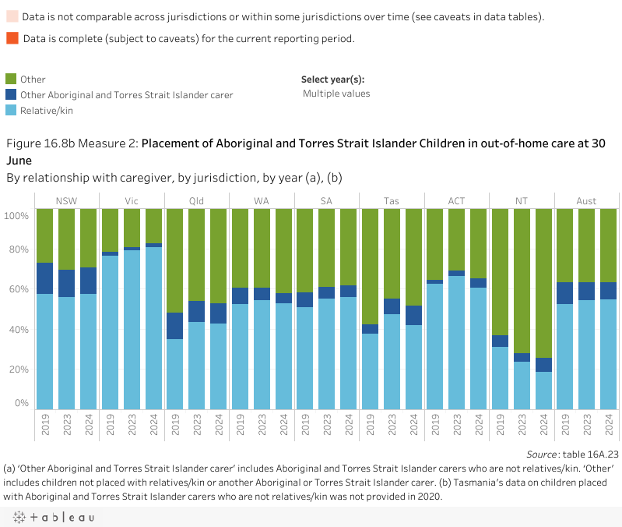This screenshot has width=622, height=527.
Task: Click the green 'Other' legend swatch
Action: tap(12, 79)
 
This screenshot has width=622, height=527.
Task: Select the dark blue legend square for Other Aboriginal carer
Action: tap(12, 94)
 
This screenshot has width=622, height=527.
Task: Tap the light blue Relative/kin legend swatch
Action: tap(12, 110)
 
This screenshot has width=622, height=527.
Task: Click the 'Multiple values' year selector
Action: tap(336, 94)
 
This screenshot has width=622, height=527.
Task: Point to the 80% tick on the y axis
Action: tap(18, 249)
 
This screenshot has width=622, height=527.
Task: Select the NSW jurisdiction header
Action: tap(67, 201)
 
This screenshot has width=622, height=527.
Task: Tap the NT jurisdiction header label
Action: tap(522, 201)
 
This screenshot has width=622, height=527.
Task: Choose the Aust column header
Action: tap(586, 201)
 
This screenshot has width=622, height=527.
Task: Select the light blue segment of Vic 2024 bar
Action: tap(153, 327)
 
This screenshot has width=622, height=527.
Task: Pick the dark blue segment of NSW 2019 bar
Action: tap(45, 278)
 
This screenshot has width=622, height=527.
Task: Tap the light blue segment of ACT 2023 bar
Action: tap(456, 342)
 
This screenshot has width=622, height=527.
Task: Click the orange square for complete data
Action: tap(12, 38)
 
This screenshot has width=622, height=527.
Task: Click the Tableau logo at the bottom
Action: tap(54, 517)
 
